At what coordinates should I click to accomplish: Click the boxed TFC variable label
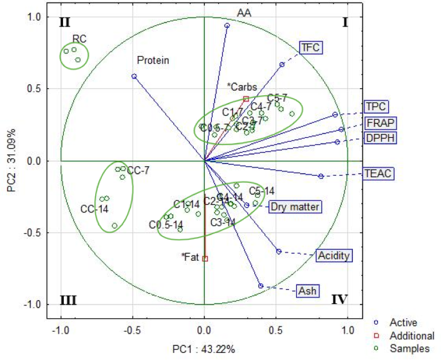[x=310, y=47]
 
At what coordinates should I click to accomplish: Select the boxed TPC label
[x=376, y=107]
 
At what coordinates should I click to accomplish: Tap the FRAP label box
[x=380, y=123]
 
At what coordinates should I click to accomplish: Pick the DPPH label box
[x=380, y=138]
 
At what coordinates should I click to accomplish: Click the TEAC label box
[x=377, y=173]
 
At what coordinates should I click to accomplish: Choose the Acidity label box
[x=334, y=256]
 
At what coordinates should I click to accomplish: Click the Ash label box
[x=306, y=291]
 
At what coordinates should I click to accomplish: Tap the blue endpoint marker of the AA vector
[x=227, y=26]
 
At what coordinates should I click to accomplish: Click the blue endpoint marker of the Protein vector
[x=134, y=76]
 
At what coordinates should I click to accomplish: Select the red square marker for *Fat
[x=205, y=259]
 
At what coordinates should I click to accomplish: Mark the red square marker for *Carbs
[x=246, y=99]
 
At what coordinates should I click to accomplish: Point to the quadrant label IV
[x=339, y=299]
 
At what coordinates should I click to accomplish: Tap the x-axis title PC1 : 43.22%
[x=203, y=350]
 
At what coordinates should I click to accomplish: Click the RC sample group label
[x=79, y=38]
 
